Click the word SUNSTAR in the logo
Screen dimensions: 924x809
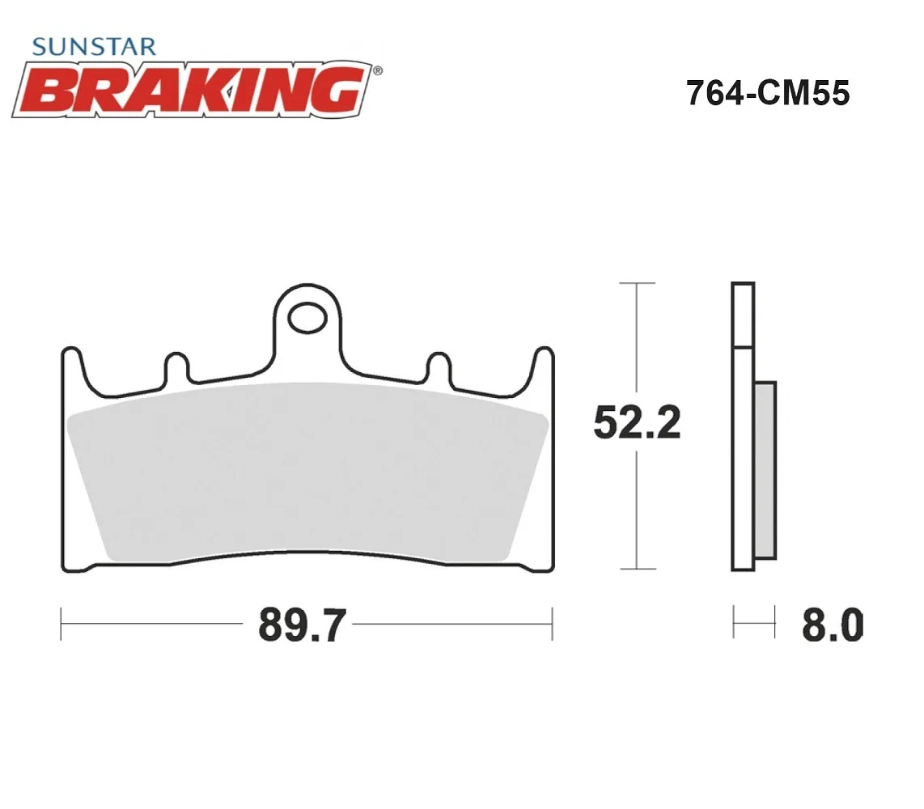pyautogui.click(x=95, y=47)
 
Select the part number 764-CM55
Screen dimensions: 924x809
pyautogui.click(x=768, y=93)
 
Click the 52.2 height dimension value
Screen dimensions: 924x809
pyautogui.click(x=637, y=422)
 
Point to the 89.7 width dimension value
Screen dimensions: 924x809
pyautogui.click(x=303, y=625)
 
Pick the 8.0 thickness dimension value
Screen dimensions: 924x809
pyautogui.click(x=833, y=625)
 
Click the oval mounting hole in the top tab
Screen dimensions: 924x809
pyautogui.click(x=307, y=318)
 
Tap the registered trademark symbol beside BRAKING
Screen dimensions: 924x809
pyautogui.click(x=378, y=71)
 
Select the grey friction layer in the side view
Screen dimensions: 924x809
pyautogui.click(x=765, y=469)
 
